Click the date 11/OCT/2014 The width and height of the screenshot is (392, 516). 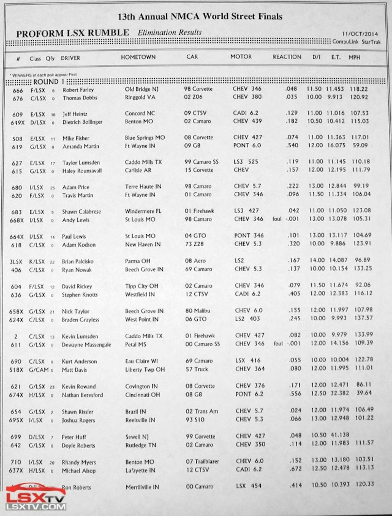(360, 34)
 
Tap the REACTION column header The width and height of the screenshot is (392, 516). (287, 57)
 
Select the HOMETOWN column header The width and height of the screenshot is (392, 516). (138, 57)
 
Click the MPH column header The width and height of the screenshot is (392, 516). (354, 57)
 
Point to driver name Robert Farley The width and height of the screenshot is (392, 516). (78, 90)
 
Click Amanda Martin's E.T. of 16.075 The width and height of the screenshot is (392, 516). (336, 145)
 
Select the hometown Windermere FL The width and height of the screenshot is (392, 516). (143, 211)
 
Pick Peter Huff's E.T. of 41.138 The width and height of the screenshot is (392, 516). (339, 435)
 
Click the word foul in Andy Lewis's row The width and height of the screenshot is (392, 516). (277, 219)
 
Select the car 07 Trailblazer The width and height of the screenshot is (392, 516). (203, 461)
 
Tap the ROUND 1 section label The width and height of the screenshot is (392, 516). (49, 81)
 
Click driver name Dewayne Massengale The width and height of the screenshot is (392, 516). (86, 345)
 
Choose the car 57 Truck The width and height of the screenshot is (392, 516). (197, 369)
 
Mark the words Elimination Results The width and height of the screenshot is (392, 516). (170, 32)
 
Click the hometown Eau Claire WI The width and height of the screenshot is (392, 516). (141, 361)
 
